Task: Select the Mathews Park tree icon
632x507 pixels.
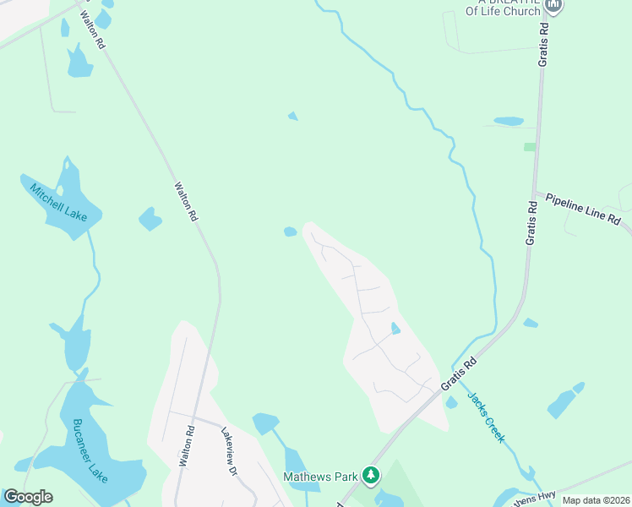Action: [370, 477]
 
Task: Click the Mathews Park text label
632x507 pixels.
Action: [320, 477]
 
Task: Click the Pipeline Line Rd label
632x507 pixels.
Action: [583, 210]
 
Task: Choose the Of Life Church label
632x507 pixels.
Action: [501, 11]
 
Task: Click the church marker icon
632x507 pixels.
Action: [553, 7]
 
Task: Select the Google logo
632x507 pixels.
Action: [28, 497]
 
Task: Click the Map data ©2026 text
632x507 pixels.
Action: [596, 500]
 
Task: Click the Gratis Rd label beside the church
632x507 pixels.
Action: [544, 44]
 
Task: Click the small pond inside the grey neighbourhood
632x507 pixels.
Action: [395, 328]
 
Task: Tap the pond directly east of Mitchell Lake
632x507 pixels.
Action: [150, 219]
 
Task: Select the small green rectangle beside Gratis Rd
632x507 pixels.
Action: [530, 147]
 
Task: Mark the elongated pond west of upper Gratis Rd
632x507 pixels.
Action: [509, 121]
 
